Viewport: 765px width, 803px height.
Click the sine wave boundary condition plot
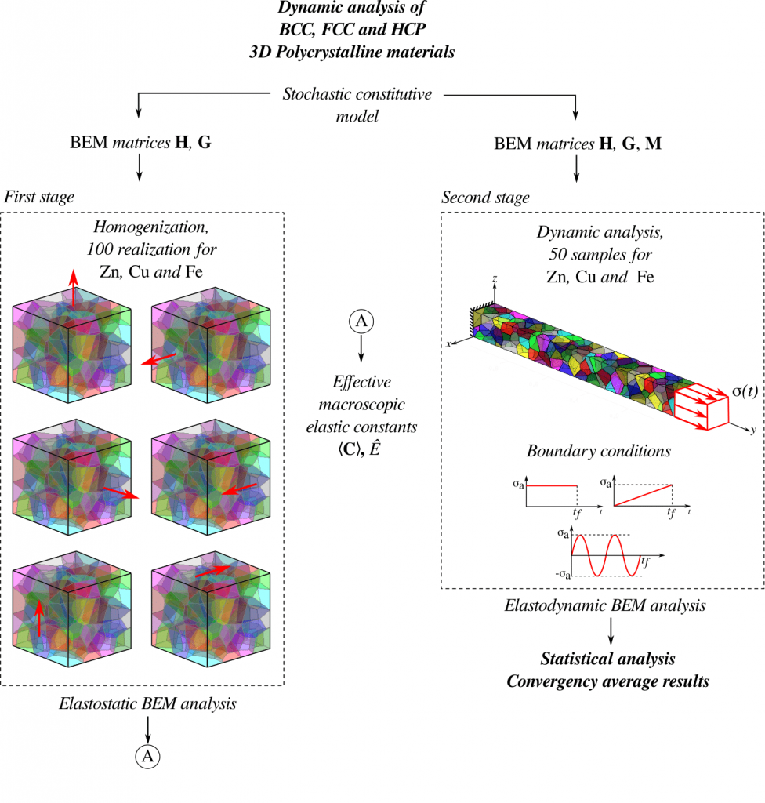pyautogui.click(x=596, y=554)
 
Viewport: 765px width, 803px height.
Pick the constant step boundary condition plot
pyautogui.click(x=552, y=495)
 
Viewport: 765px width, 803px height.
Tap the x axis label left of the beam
pyautogui.click(x=450, y=343)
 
